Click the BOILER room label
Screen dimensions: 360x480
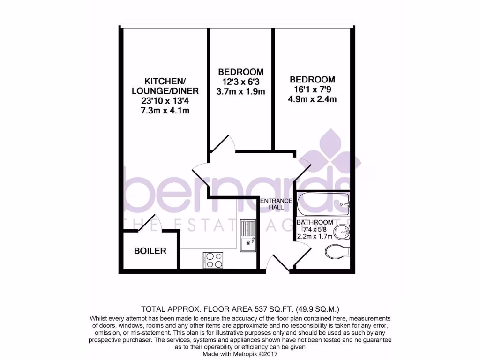click(150, 251)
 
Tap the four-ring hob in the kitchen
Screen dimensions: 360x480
click(213, 260)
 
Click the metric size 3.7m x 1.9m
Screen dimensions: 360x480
click(241, 91)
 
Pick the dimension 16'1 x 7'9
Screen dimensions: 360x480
click(312, 89)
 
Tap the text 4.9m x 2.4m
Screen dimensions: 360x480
click(312, 99)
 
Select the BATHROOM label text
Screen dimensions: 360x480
click(315, 222)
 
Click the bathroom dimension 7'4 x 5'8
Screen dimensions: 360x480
click(314, 229)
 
